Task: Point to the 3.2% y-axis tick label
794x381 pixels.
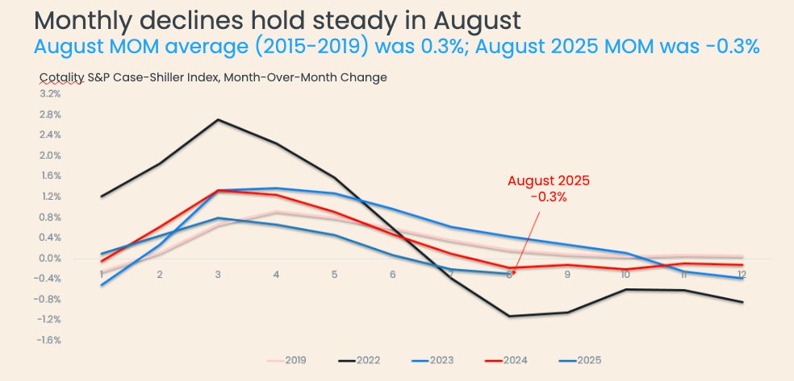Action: click(50, 93)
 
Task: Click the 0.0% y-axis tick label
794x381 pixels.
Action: click(50, 259)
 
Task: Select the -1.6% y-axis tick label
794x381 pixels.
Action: click(49, 341)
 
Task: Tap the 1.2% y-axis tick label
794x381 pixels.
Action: click(50, 197)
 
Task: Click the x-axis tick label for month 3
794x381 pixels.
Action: click(218, 275)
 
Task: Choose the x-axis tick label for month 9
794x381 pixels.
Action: click(566, 275)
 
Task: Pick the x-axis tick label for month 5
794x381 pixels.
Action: click(334, 275)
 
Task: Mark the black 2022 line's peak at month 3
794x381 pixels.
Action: click(218, 120)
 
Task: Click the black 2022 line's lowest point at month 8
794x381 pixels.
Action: click(509, 316)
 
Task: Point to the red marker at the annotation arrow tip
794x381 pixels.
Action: click(514, 272)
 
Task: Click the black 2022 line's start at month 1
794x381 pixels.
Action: click(101, 197)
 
